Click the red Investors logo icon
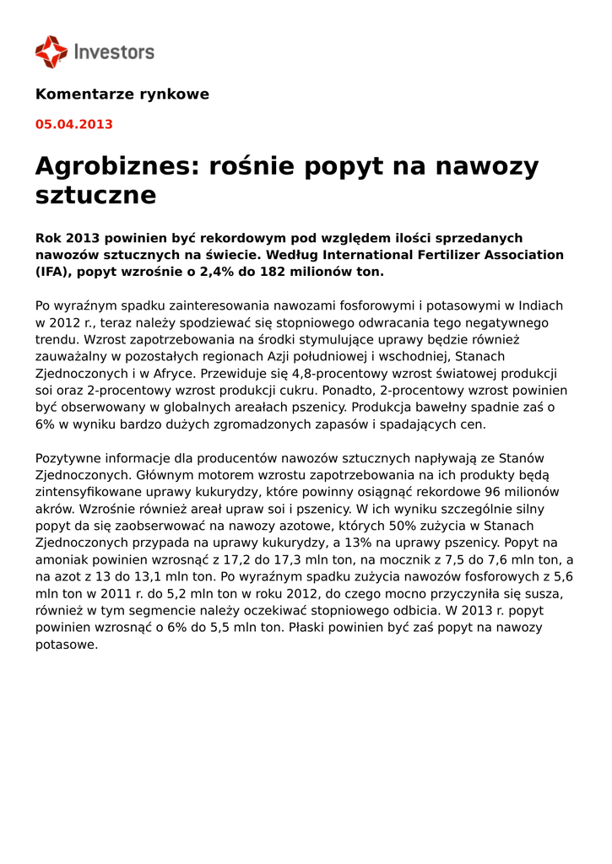pos(51,51)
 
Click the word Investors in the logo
pos(114,52)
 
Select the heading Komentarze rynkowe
pos(122,94)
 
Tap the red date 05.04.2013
pos(73,124)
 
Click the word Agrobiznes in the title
pos(113,166)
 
